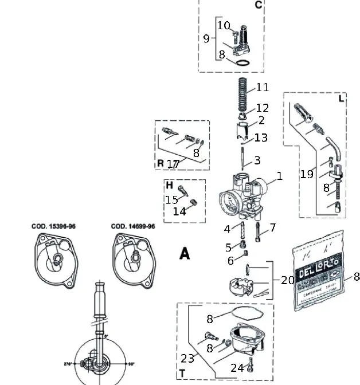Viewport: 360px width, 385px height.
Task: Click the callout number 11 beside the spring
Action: tap(263, 88)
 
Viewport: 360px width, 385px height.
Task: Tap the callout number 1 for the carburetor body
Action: tap(280, 176)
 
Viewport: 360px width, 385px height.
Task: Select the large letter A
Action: tap(184, 253)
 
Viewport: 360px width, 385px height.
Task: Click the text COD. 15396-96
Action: tap(53, 226)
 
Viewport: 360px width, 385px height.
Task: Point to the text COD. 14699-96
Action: tap(132, 226)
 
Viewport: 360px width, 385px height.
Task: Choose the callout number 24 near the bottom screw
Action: tap(237, 367)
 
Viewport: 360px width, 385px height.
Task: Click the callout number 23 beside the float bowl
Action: tap(187, 359)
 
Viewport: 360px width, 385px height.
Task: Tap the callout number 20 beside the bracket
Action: tap(287, 280)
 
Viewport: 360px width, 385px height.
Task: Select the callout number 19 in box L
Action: tap(307, 174)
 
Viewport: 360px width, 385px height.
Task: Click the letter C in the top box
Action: tap(258, 5)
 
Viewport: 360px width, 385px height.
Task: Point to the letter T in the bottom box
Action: tap(182, 374)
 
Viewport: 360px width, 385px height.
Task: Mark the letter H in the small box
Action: tap(169, 185)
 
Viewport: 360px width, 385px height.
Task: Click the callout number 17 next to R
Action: tap(173, 164)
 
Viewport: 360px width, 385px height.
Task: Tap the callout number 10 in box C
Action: tap(223, 26)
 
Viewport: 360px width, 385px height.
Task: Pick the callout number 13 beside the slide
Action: tap(261, 137)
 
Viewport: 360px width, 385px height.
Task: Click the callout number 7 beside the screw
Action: tap(273, 227)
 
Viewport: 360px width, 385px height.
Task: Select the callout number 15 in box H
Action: tap(171, 199)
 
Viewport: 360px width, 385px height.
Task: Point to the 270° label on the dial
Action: tap(69, 364)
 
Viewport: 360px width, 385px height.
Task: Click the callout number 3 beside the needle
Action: tap(257, 160)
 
